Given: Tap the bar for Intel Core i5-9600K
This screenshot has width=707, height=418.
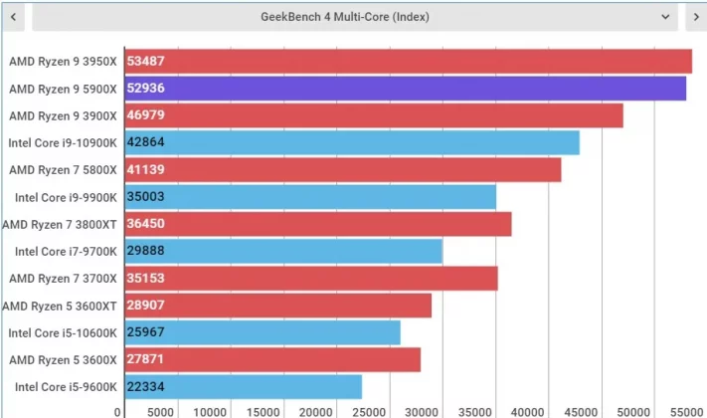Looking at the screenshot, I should (244, 386).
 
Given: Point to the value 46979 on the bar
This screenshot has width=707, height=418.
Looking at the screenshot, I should (147, 115).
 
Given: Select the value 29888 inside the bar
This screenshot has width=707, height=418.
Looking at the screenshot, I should (147, 251).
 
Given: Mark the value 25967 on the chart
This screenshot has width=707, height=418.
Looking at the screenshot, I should (147, 332).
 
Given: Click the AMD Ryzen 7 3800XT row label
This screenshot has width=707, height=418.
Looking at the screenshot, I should (60, 224).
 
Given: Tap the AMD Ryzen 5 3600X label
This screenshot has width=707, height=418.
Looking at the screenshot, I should (63, 359).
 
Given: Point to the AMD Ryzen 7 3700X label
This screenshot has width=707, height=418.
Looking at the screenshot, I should (63, 278).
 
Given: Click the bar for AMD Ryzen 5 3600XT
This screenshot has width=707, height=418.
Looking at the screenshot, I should (278, 306).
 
